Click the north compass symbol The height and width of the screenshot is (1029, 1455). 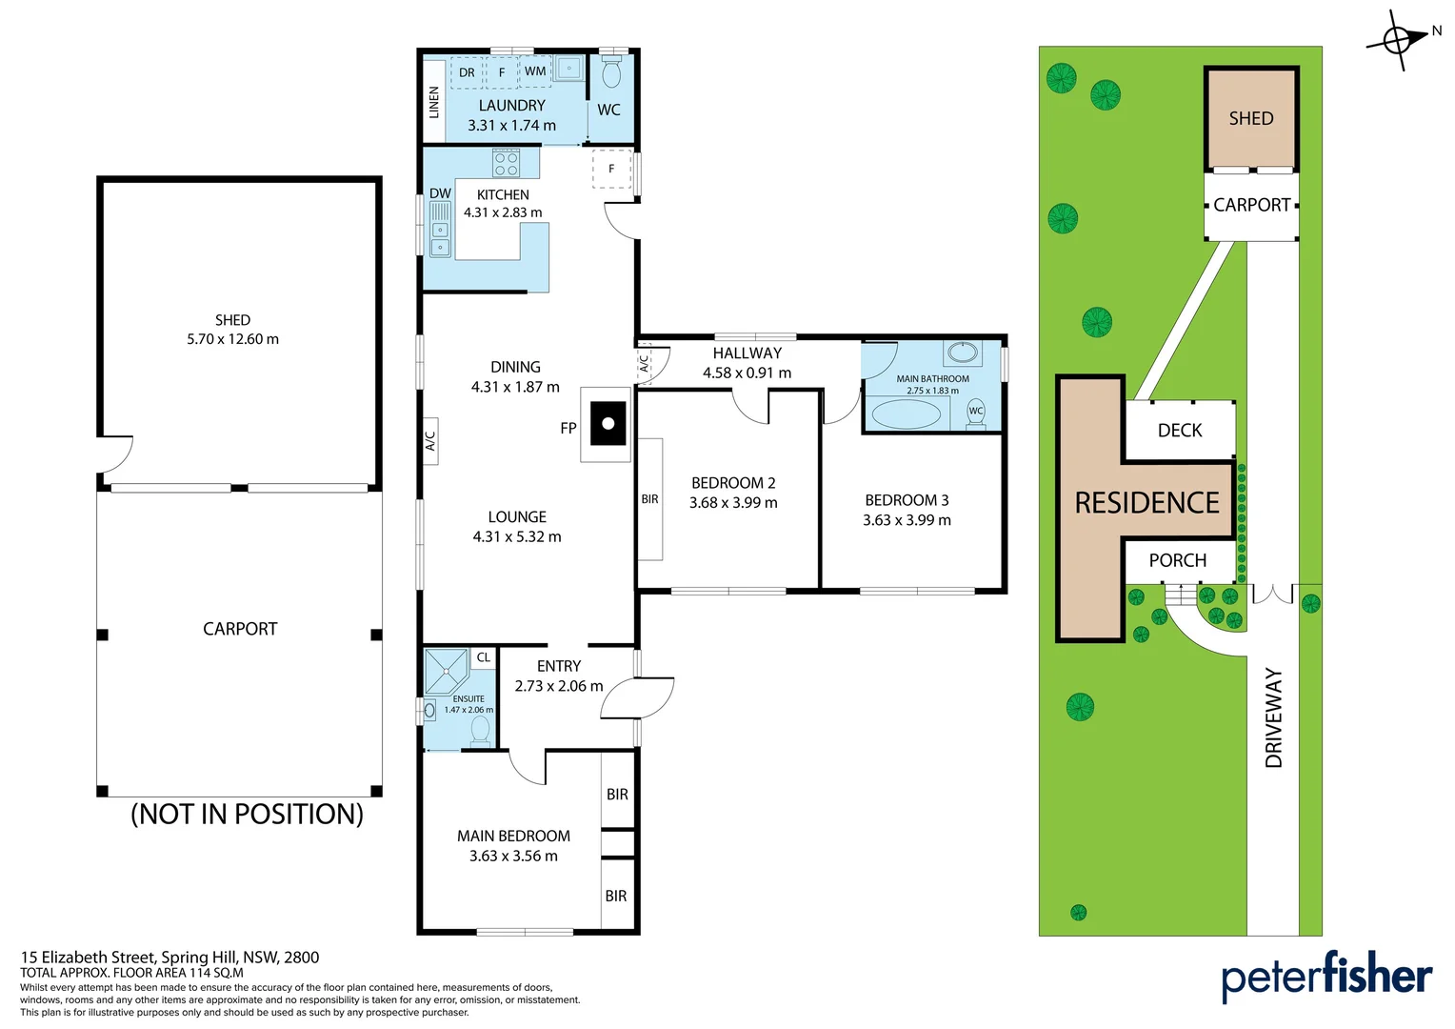pyautogui.click(x=1397, y=40)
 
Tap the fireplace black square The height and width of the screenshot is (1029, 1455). pyautogui.click(x=608, y=424)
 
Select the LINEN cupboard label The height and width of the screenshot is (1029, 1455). pyautogui.click(x=434, y=101)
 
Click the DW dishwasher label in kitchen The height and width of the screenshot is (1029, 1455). pyautogui.click(x=440, y=193)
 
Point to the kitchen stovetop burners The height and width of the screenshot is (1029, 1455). pyautogui.click(x=506, y=163)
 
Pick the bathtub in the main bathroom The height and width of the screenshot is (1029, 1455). pyautogui.click(x=906, y=414)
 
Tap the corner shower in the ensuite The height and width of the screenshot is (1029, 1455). pyautogui.click(x=446, y=671)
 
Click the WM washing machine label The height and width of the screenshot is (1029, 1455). pyautogui.click(x=535, y=71)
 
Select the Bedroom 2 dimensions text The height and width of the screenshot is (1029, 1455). pyautogui.click(x=733, y=503)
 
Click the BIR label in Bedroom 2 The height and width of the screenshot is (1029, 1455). pyautogui.click(x=649, y=499)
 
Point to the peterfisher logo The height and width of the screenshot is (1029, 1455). pyautogui.click(x=1325, y=977)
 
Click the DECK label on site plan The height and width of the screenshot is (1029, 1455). pyautogui.click(x=1180, y=431)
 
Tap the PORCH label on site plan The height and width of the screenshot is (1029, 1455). pyautogui.click(x=1177, y=561)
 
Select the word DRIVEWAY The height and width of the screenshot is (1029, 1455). pyautogui.click(x=1274, y=717)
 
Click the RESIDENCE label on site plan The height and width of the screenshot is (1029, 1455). pyautogui.click(x=1146, y=503)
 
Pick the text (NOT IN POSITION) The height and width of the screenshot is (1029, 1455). pyautogui.click(x=247, y=814)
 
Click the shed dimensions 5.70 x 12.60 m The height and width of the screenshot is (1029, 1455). pyautogui.click(x=232, y=339)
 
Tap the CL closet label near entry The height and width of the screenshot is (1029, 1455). pyautogui.click(x=484, y=657)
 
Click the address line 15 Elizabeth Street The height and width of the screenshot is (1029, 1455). pyautogui.click(x=169, y=958)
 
